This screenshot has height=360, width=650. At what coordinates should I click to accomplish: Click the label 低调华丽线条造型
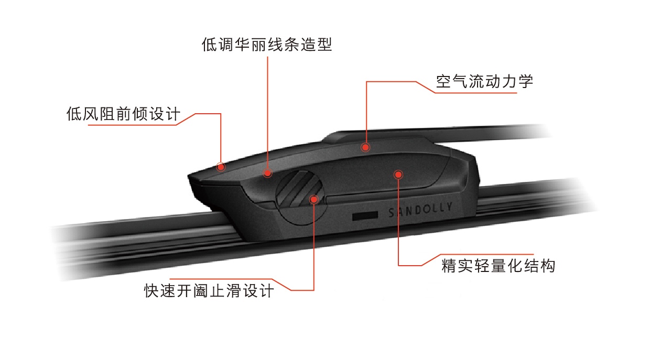pos(267,45)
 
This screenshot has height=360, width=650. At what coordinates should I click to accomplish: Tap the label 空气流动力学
pos(484,81)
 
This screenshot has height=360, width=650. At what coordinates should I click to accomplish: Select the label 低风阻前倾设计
pos(123,113)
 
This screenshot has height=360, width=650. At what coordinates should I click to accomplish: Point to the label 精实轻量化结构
pos(498,266)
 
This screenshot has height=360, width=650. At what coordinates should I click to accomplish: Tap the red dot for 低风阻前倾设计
pos(221,167)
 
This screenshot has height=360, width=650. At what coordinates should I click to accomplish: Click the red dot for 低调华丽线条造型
pos(267,173)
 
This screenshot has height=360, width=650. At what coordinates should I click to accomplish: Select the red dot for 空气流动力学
pos(365,147)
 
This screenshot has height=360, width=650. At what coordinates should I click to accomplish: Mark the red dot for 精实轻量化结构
pos(398,174)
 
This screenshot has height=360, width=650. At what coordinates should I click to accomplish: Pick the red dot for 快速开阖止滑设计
pos(313,199)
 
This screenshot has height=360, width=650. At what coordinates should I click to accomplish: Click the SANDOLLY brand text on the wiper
pos(420,210)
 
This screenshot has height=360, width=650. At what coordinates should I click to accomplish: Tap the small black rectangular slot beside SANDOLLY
pos(365,215)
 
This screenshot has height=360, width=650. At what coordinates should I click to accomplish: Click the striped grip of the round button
pos(299,189)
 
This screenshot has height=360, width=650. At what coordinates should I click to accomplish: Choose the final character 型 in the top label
pos(324,45)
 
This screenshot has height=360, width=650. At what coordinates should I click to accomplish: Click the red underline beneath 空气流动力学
pos(476,93)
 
